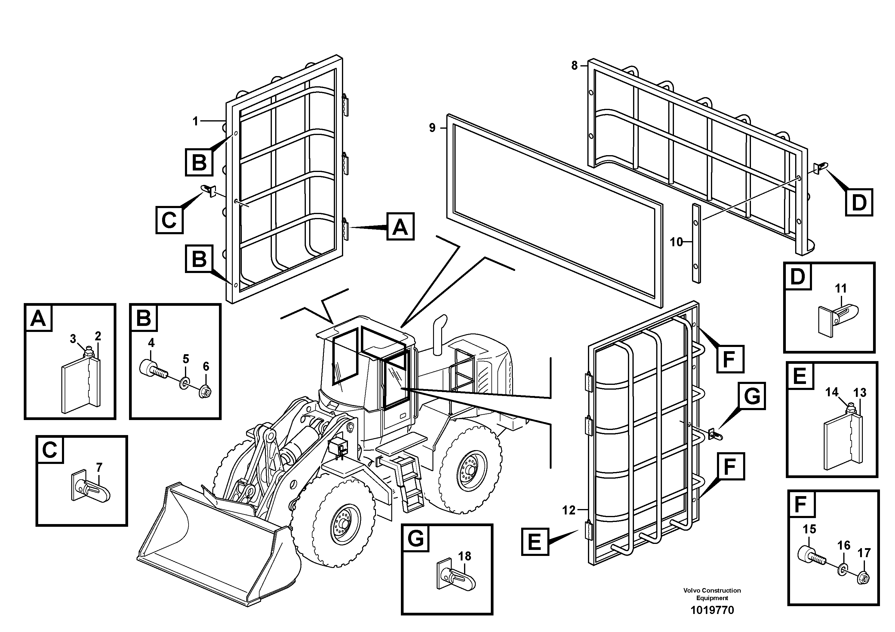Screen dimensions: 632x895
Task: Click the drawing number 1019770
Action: (712, 610)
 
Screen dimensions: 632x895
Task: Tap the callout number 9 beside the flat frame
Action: (432, 127)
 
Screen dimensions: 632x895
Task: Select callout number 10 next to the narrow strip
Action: (676, 242)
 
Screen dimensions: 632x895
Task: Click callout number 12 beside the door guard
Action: (569, 510)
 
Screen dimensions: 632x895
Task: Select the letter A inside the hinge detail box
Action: (38, 319)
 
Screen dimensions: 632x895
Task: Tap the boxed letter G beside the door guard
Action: (752, 396)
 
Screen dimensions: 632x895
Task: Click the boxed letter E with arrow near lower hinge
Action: (535, 541)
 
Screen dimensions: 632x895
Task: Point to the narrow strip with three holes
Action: (696, 242)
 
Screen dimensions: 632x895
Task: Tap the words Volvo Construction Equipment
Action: (712, 594)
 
